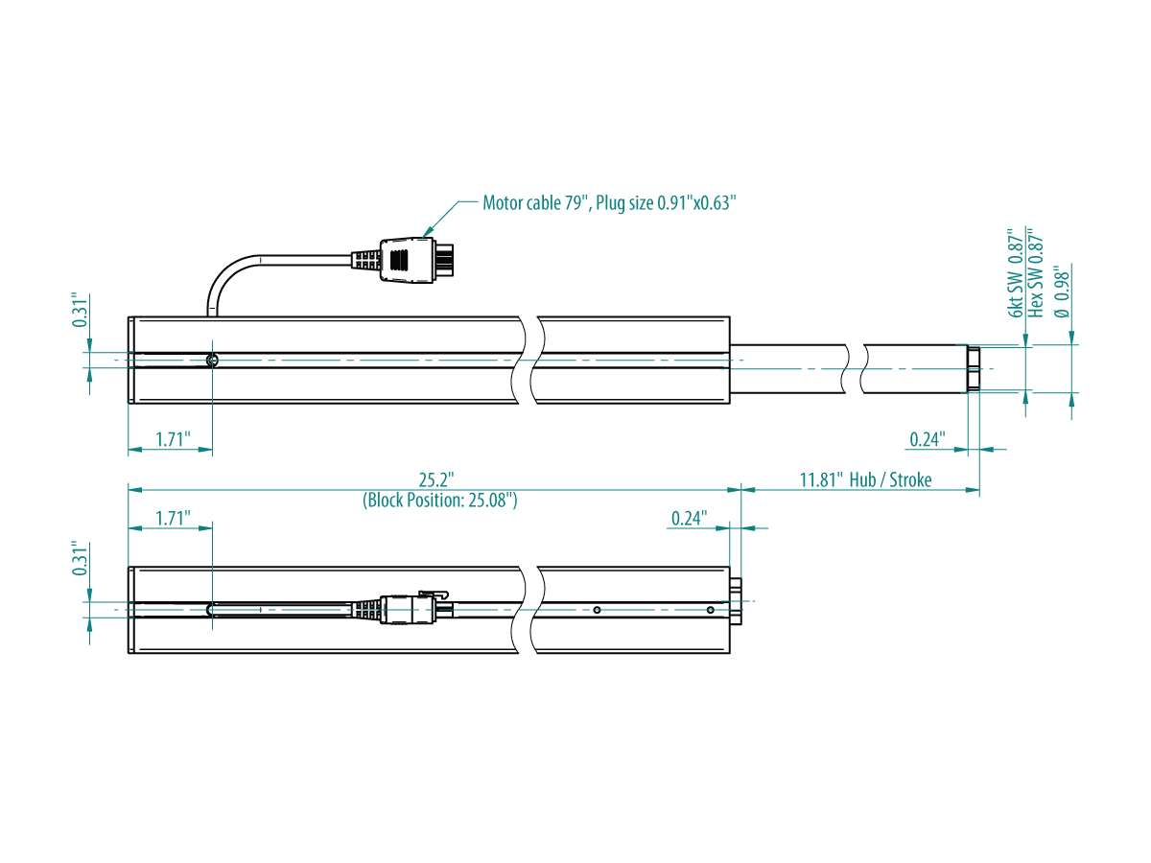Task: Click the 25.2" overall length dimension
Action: tap(436, 479)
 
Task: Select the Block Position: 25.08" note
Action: tap(440, 500)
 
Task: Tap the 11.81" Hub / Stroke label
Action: tap(865, 479)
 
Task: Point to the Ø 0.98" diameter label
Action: tap(1061, 292)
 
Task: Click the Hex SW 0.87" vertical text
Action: tap(1035, 272)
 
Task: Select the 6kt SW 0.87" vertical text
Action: tap(1015, 273)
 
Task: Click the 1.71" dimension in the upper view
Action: tap(173, 439)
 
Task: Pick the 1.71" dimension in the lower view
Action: tap(173, 518)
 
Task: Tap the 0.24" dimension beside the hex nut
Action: tap(928, 439)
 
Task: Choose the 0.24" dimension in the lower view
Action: tap(689, 518)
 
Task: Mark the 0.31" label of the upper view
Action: tap(81, 310)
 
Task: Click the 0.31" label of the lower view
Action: tap(81, 559)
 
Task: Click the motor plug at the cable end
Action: tap(416, 261)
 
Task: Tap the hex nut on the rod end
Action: tap(974, 369)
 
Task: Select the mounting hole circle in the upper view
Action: tap(211, 360)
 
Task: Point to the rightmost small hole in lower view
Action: tap(710, 610)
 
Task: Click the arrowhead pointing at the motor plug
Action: tap(429, 232)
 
